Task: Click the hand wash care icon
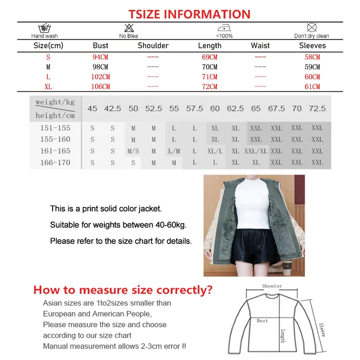pos(44,28)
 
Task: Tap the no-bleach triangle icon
pos(128,28)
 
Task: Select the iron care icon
pos(223,28)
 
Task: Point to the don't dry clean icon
pos(311,27)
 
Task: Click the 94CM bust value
pos(100,57)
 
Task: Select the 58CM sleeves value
pos(312,57)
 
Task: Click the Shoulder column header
pos(153,45)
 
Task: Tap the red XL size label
pos(48,86)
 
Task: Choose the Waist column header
pos(260,45)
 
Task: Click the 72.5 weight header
pos(317,108)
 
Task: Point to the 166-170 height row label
pos(55,162)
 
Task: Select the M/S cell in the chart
pos(133,151)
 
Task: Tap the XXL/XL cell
pos(256,151)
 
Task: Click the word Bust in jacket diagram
pos(262,321)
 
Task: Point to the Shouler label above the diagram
pos(272,286)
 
